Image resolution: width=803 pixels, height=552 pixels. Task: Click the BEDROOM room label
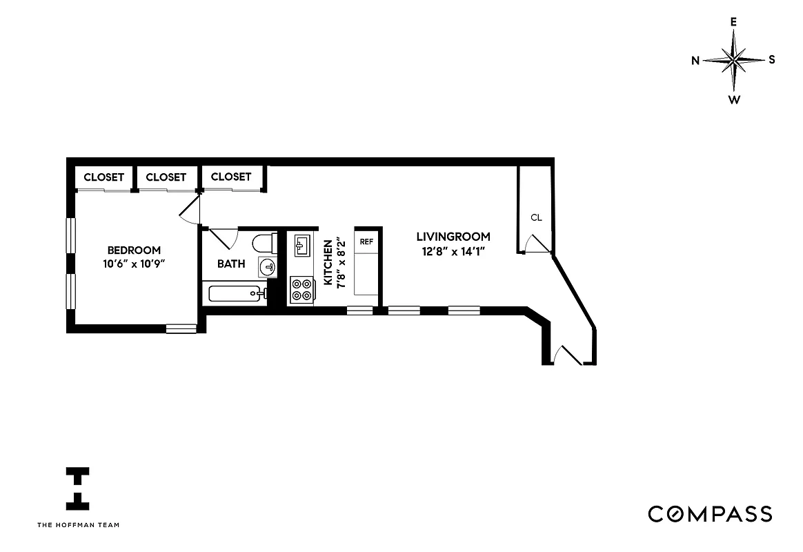point(134,250)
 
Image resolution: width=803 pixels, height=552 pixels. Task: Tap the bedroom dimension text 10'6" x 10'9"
point(134,264)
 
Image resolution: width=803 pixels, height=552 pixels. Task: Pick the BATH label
point(231,264)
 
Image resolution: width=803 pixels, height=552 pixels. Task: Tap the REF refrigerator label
point(366,241)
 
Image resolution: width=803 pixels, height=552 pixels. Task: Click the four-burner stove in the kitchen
point(301,288)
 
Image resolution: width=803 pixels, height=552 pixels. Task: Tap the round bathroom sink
point(268,266)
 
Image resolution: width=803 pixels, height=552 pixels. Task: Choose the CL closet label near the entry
point(536,217)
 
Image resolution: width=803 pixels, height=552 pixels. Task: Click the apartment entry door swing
point(568,354)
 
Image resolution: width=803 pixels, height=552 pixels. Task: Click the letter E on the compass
point(733,21)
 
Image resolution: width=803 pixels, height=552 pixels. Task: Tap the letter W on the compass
point(734,100)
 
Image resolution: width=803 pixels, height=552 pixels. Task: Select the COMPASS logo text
point(709,514)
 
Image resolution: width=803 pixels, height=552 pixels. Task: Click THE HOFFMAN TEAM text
point(78,524)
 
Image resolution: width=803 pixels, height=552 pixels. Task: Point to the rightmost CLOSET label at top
point(231,177)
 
